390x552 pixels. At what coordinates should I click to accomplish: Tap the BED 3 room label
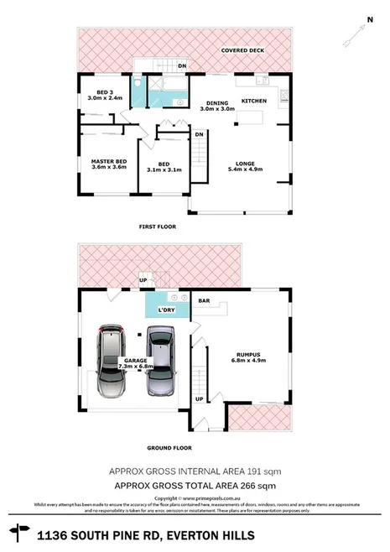coord(105,94)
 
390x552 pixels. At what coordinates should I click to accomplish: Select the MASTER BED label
coord(108,163)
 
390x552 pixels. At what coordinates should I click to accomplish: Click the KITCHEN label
coord(254,101)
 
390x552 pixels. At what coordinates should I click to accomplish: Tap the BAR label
coord(203,299)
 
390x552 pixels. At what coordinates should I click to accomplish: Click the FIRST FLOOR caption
coord(157,227)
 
